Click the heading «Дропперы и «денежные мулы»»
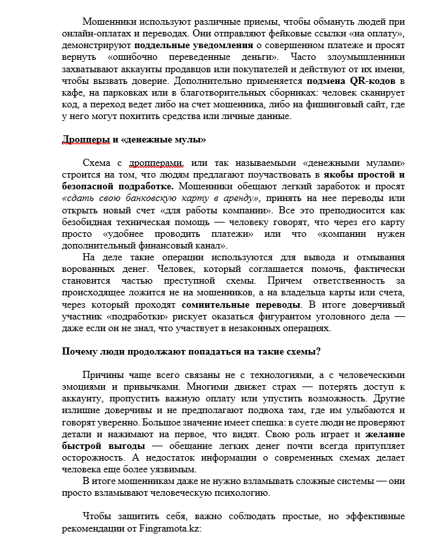[134, 139]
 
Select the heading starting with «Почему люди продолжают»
[191, 352]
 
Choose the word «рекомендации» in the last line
[96, 528]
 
